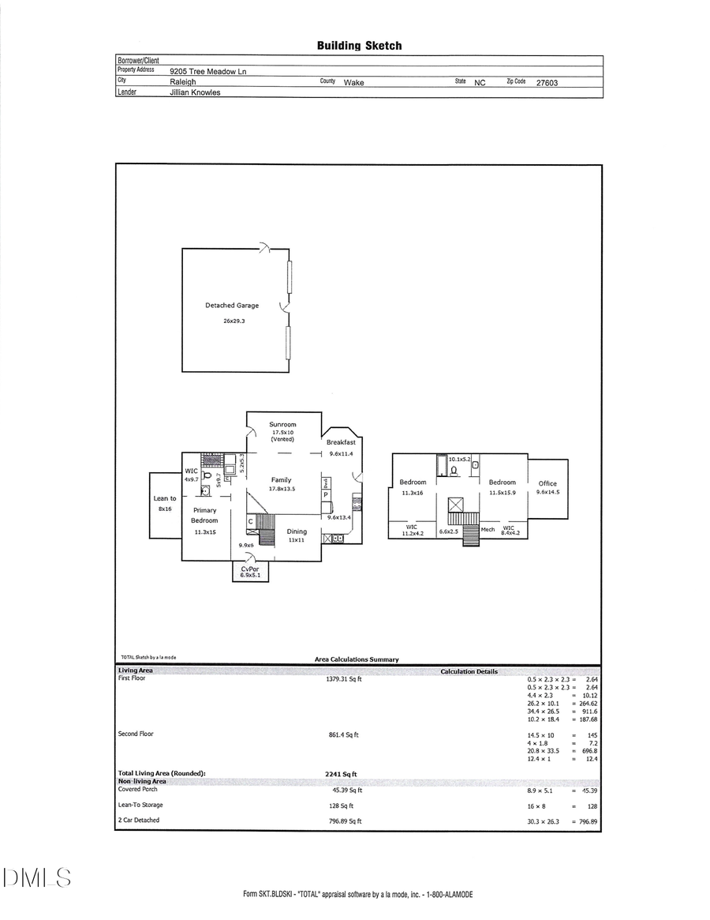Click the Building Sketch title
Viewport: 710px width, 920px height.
(359, 46)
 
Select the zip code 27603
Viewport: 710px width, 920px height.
(547, 81)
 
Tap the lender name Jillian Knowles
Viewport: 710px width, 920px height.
(195, 92)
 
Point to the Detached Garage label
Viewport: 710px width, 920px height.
(232, 306)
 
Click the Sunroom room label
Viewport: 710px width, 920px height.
(282, 425)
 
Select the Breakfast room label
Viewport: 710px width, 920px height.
(341, 442)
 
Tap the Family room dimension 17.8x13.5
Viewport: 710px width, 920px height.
(282, 489)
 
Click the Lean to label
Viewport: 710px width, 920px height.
(165, 499)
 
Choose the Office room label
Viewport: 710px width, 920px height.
(547, 483)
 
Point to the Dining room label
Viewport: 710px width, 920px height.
(297, 531)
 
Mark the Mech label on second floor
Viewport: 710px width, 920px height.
(488, 529)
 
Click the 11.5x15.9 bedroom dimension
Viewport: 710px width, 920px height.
(502, 492)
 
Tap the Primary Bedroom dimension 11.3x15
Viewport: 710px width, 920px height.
(204, 532)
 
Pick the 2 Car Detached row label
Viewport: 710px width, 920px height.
(138, 820)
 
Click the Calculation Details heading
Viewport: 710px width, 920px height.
(469, 671)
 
